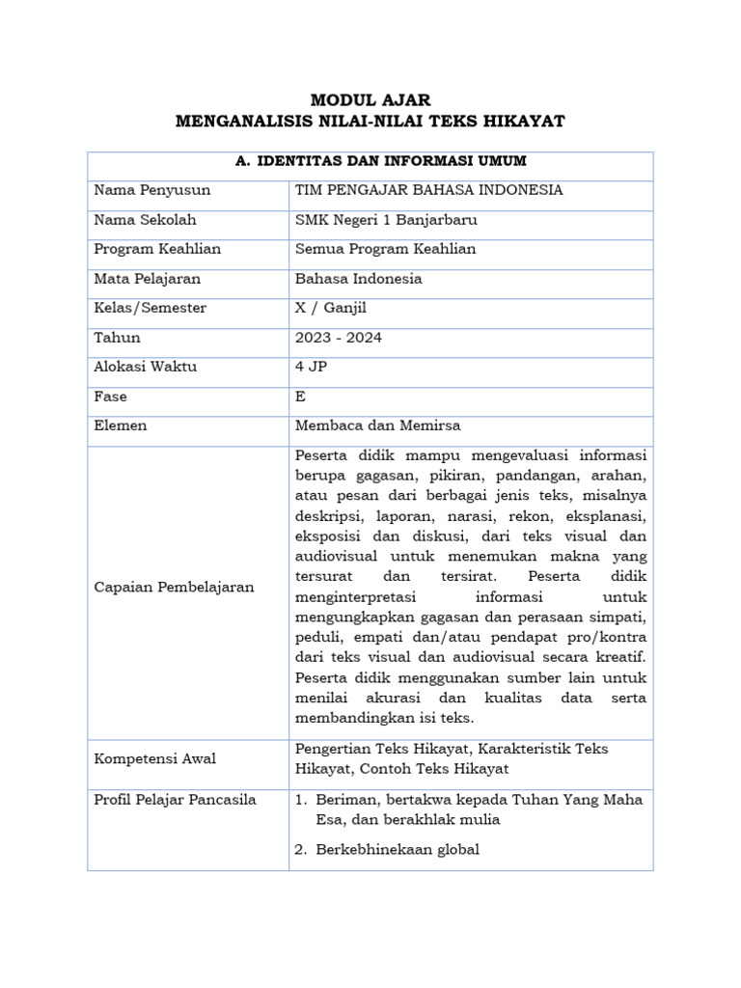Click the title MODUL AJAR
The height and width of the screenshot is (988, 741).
pyautogui.click(x=370, y=99)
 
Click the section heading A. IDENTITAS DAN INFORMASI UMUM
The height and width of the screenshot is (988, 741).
pyautogui.click(x=370, y=161)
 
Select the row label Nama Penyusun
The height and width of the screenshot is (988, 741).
pyautogui.click(x=152, y=190)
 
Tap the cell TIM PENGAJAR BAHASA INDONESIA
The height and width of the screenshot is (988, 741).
pyautogui.click(x=429, y=190)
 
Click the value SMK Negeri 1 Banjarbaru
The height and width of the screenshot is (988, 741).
pyautogui.click(x=387, y=219)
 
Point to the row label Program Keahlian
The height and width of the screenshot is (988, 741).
pyautogui.click(x=157, y=249)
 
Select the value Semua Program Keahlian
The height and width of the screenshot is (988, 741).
pyautogui.click(x=386, y=249)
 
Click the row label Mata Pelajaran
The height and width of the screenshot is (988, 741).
pyautogui.click(x=148, y=279)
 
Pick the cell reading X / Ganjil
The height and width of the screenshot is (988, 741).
pyautogui.click(x=331, y=308)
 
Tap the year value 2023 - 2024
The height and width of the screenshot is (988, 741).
pyautogui.click(x=340, y=338)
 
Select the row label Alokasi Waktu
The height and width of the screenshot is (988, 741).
pyautogui.click(x=146, y=367)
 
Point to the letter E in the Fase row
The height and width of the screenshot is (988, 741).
pyautogui.click(x=300, y=397)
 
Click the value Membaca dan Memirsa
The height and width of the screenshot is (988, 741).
pyautogui.click(x=377, y=425)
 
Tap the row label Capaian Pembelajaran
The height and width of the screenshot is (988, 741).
pyautogui.click(x=174, y=587)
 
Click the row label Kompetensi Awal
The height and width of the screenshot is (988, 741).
pyautogui.click(x=155, y=758)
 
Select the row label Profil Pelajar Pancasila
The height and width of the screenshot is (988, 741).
pyautogui.click(x=176, y=800)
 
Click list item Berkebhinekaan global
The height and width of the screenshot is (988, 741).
pyautogui.click(x=398, y=849)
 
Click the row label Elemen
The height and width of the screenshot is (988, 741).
pyautogui.click(x=121, y=425)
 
